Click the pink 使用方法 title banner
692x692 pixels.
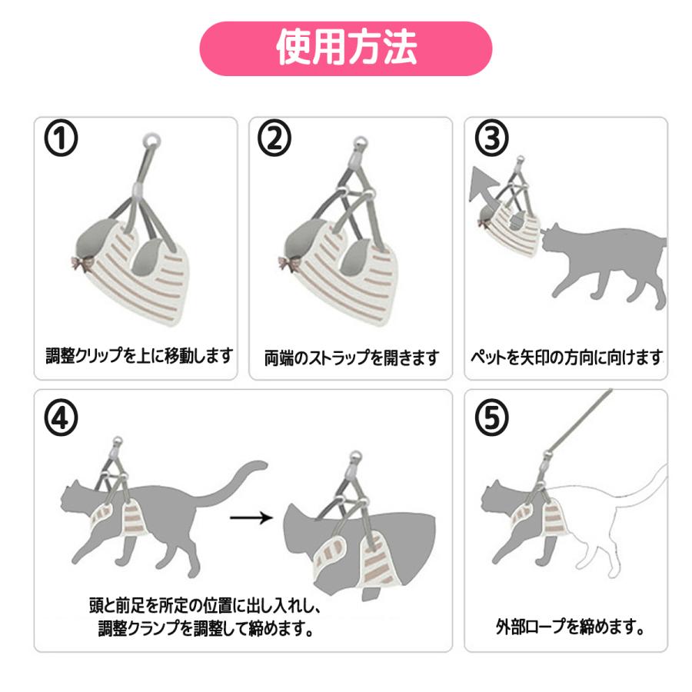pos(345,48)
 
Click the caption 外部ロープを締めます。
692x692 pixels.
pos(569,627)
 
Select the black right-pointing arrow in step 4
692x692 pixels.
pos(251,517)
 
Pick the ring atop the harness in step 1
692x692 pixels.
pos(153,141)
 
